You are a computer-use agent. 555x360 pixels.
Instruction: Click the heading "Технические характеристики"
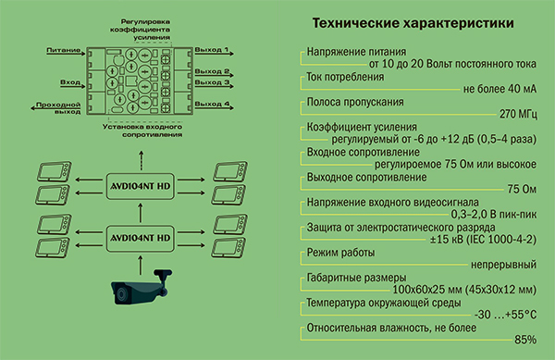pyautogui.click(x=413, y=23)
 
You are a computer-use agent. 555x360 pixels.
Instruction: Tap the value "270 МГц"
pyautogui.click(x=518, y=114)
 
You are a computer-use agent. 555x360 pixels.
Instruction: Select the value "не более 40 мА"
pyautogui.click(x=499, y=89)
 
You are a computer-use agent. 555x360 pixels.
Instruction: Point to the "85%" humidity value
pyautogui.click(x=525, y=340)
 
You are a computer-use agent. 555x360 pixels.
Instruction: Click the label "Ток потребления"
pyautogui.click(x=345, y=77)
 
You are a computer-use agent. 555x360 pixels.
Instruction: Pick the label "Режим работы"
pyautogui.click(x=340, y=253)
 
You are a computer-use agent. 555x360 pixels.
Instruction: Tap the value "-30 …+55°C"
pyautogui.click(x=505, y=315)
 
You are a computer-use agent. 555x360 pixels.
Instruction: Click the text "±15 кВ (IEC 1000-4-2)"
pyautogui.click(x=483, y=240)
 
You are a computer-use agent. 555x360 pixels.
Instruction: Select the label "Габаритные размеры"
pyautogui.click(x=356, y=278)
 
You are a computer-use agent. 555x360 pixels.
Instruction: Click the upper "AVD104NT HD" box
pyautogui.click(x=141, y=186)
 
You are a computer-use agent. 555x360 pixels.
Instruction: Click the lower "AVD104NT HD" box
pyautogui.click(x=141, y=238)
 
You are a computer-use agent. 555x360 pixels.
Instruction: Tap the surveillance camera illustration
pyautogui.click(x=142, y=287)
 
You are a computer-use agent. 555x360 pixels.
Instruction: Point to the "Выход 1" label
pyautogui.click(x=212, y=50)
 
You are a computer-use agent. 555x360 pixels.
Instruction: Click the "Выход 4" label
pyautogui.click(x=212, y=104)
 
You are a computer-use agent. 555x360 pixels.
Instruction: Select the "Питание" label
pyautogui.click(x=63, y=50)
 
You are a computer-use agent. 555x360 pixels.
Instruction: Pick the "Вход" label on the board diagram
pyautogui.click(x=70, y=82)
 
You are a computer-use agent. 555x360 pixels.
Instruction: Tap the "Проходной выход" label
pyautogui.click(x=58, y=108)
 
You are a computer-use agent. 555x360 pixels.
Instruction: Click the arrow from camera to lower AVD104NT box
pyautogui.click(x=141, y=266)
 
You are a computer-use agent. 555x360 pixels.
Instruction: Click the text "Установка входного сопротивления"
pyautogui.click(x=142, y=130)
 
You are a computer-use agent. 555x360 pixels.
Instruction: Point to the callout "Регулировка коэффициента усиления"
pyautogui.click(x=141, y=30)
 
